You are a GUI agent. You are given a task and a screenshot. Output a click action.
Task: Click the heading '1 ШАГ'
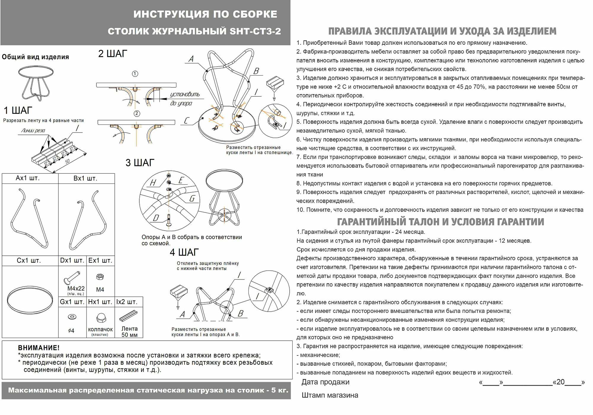tap(17, 111)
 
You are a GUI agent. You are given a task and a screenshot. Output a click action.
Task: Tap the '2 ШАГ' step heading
tap(113, 54)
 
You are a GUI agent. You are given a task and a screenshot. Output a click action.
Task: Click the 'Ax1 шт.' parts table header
tap(28, 178)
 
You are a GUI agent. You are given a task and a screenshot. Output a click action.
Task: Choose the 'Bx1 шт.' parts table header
tap(85, 178)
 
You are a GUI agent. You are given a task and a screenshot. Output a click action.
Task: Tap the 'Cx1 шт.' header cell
tap(29, 261)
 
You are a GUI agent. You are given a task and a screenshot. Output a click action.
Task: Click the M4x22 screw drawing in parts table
tap(72, 277)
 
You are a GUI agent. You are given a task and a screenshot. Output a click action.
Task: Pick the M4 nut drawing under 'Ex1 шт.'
tap(100, 277)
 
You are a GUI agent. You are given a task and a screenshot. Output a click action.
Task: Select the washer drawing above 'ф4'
tap(71, 317)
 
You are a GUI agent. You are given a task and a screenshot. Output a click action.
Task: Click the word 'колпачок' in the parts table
tap(100, 329)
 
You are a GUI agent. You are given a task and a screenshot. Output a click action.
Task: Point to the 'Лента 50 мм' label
tap(130, 332)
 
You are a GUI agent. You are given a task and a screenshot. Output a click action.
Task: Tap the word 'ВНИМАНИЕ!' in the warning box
tap(39, 348)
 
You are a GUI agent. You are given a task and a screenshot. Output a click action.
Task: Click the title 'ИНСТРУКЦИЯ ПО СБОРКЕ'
tap(205, 14)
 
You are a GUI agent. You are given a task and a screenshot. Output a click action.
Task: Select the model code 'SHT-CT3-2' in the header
tap(255, 31)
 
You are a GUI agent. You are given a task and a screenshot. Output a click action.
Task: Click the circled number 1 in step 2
tap(135, 74)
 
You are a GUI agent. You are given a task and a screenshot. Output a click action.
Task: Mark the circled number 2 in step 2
tap(137, 114)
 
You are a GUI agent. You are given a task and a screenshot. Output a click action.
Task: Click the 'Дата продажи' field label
tap(325, 382)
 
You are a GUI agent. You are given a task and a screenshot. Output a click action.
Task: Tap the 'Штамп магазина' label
tap(330, 395)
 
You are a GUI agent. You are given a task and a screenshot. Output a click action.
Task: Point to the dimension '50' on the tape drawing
tap(68, 161)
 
